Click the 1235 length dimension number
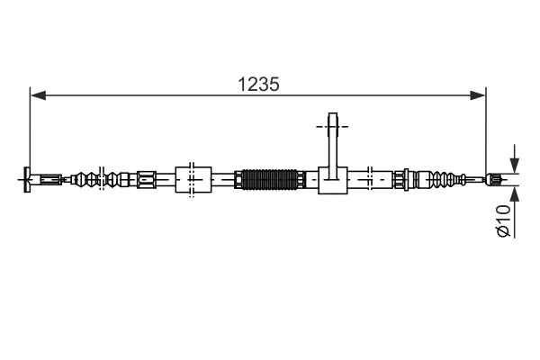click(258, 84)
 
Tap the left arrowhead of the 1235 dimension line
click(36, 94)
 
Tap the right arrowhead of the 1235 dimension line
click(481, 94)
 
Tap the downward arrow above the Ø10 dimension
click(515, 165)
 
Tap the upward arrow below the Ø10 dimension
click(515, 193)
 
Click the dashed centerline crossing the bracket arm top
click(332, 127)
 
